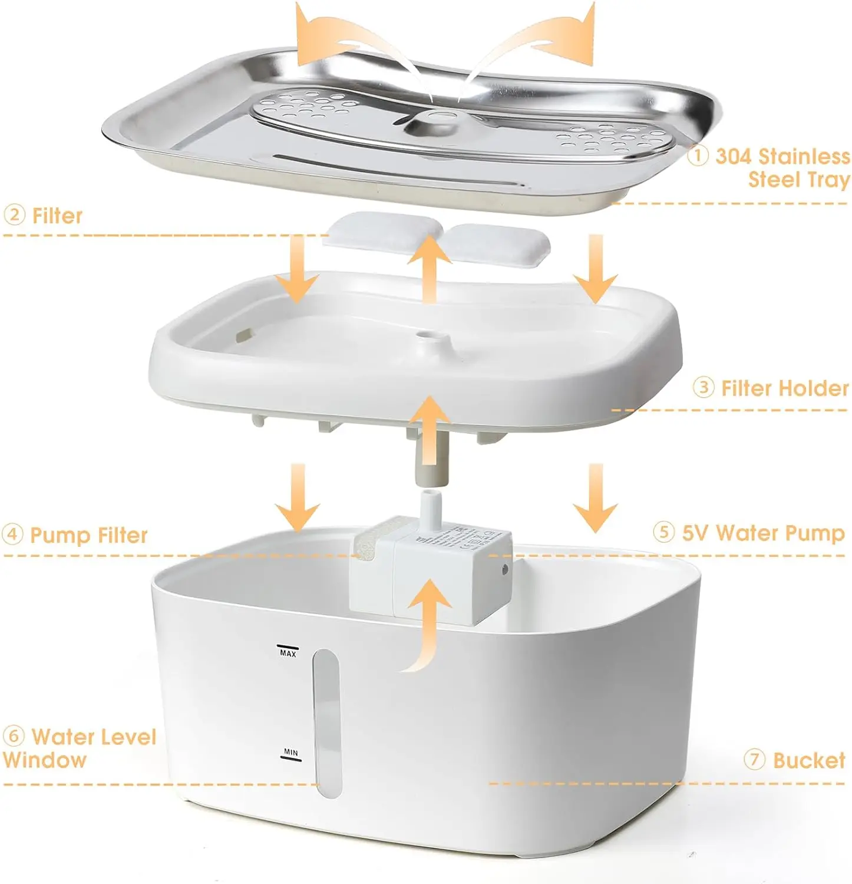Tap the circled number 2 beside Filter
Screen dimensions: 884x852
14,215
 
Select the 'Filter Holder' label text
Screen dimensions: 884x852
784,388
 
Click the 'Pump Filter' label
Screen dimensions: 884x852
88,535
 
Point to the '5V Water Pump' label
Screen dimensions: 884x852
763,533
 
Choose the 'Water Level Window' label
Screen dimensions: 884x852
80,748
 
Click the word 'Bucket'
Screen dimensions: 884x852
808,760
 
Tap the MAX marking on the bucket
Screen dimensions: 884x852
288,652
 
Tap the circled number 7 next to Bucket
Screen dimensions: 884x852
754,759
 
